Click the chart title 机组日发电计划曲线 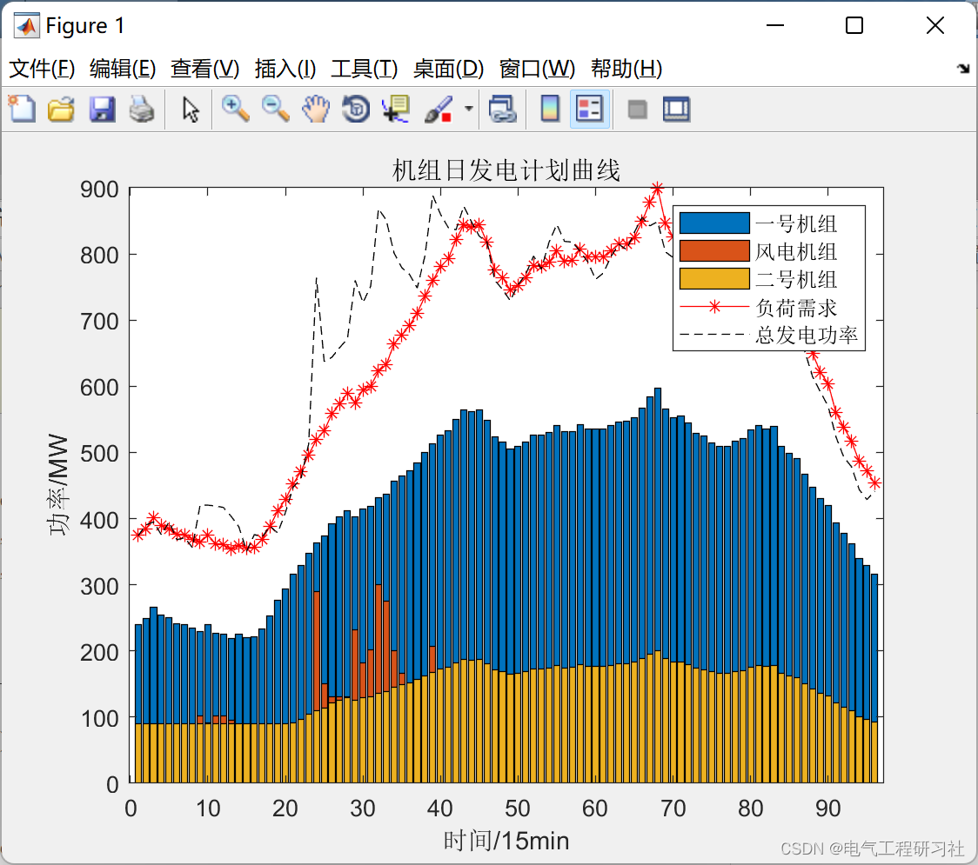coord(506,170)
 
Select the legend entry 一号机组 coord(795,224)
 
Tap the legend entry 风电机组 coord(795,252)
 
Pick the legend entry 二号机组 coord(795,280)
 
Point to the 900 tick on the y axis coord(102,189)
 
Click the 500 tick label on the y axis coord(102,454)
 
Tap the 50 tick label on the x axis coord(518,808)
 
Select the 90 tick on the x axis coord(827,808)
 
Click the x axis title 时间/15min coord(506,841)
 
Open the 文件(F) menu coord(42,69)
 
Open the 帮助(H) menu coord(626,69)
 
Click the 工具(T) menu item coord(364,69)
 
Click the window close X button coord(935,26)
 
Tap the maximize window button coord(854,26)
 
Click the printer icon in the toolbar coord(142,110)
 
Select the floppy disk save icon coord(102,110)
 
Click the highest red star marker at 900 coord(658,188)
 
